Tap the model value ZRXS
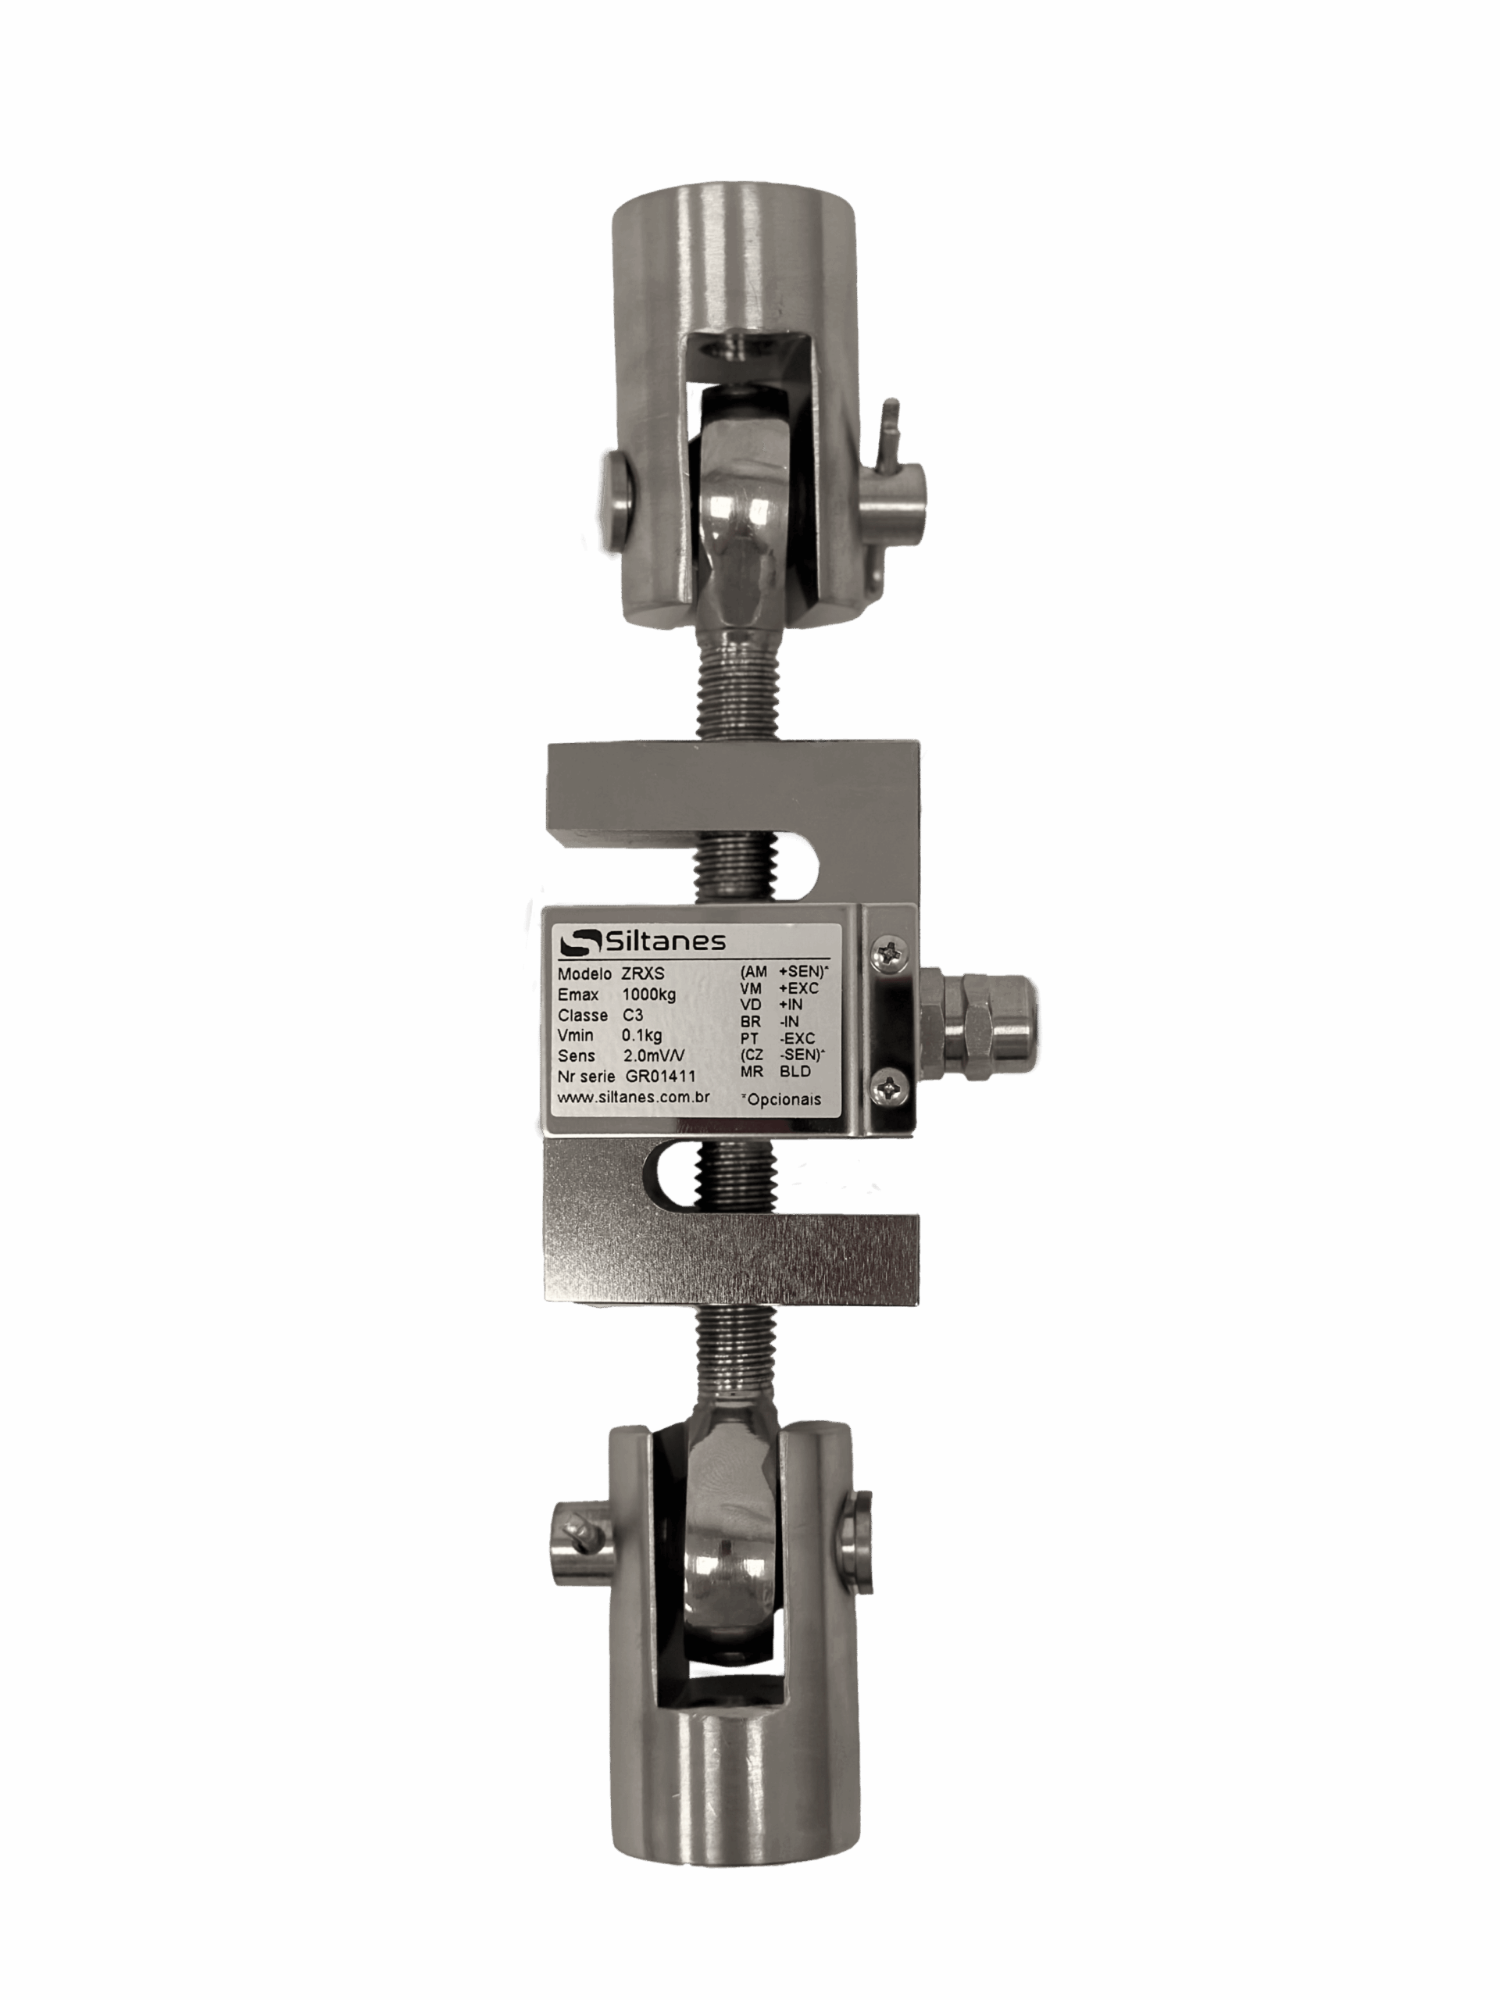pyautogui.click(x=643, y=973)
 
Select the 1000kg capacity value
pyautogui.click(x=648, y=995)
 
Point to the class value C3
pyautogui.click(x=632, y=1016)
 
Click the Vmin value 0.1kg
pyautogui.click(x=641, y=1035)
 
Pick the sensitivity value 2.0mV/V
pyautogui.click(x=654, y=1056)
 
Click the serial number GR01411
pyautogui.click(x=660, y=1076)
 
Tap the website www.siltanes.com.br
pyautogui.click(x=633, y=1097)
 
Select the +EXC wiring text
pyautogui.click(x=798, y=987)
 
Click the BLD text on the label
pyautogui.click(x=795, y=1071)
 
